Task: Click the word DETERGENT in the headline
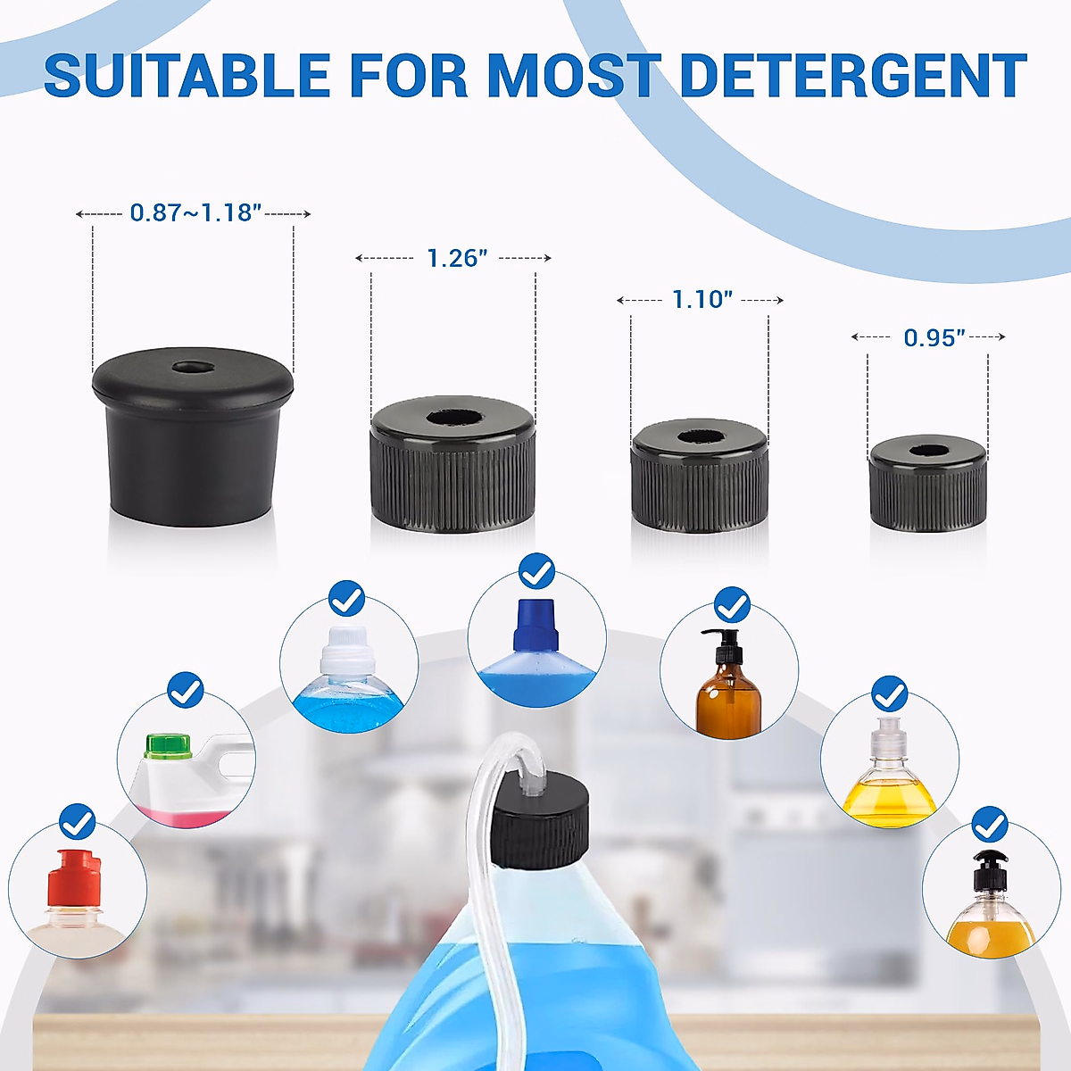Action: click(852, 76)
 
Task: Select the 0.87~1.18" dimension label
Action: click(195, 212)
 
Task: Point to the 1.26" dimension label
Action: click(456, 258)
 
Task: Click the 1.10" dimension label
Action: click(702, 300)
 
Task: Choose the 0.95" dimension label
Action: click(934, 337)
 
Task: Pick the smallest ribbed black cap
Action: click(928, 486)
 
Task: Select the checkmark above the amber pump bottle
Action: click(732, 604)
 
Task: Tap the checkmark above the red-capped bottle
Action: click(77, 821)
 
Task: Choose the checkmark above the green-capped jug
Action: click(186, 690)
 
